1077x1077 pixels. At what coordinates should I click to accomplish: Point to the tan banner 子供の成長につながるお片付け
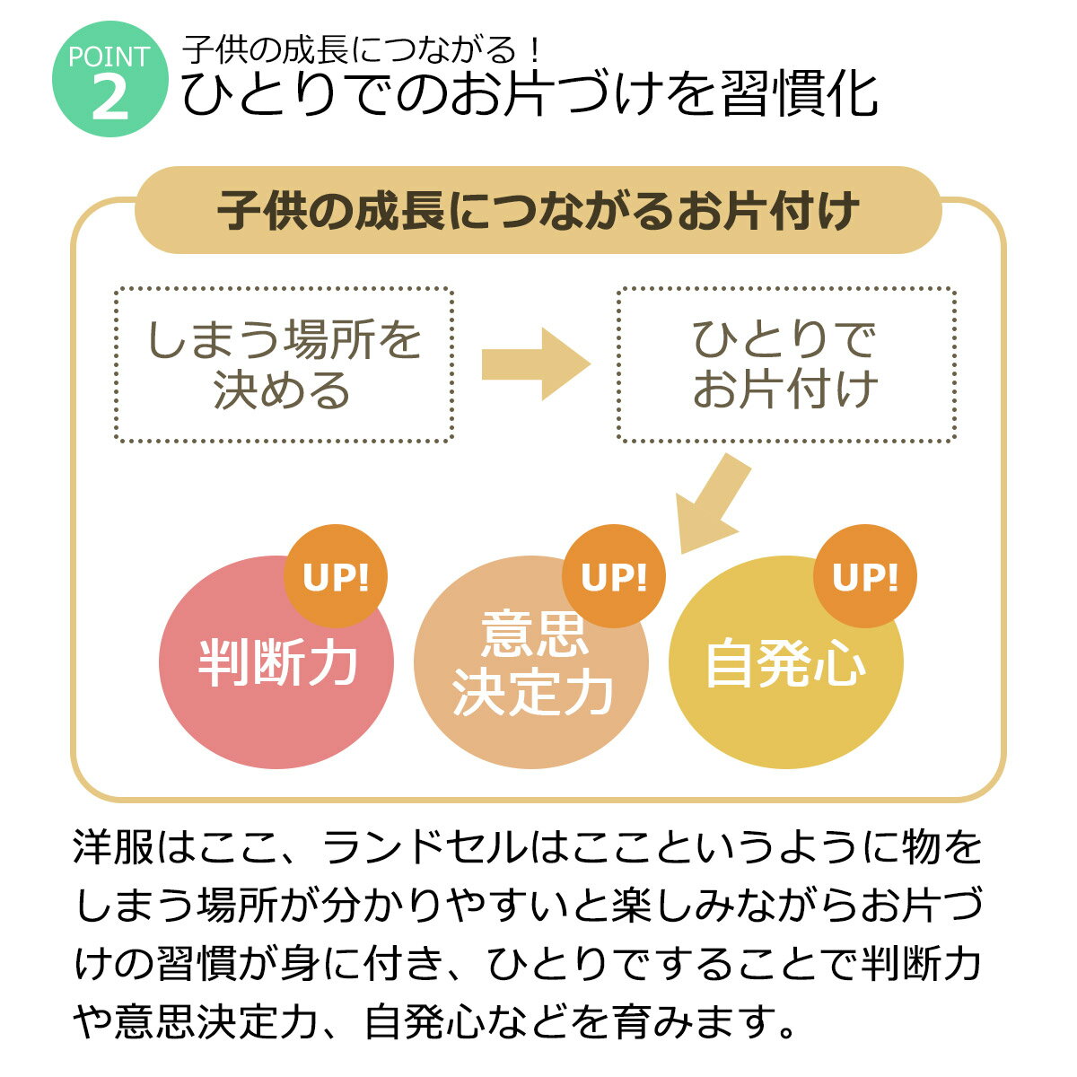coord(538,212)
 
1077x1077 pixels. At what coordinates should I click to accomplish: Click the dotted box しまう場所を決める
coord(284,364)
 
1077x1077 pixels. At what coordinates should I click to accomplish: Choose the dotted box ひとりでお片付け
coord(785,364)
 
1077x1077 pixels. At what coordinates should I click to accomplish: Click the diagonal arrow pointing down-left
coord(714,503)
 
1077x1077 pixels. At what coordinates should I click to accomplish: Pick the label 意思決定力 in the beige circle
coord(532,664)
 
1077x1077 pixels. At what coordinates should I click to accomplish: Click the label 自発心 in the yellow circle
coord(785,664)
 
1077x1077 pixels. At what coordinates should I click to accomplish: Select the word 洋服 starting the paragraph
coord(115,849)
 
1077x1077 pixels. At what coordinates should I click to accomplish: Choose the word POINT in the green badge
coord(109,57)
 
